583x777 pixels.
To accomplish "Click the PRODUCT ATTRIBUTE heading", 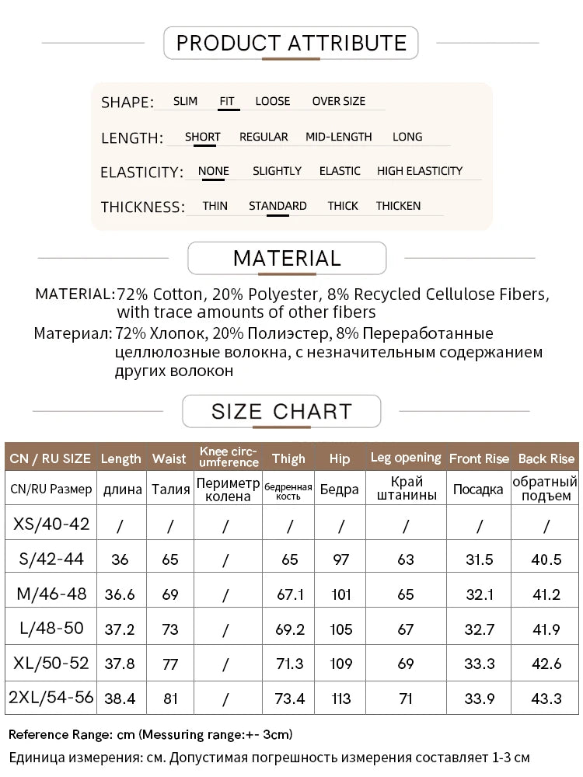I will [291, 42].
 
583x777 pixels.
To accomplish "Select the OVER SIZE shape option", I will [338, 101].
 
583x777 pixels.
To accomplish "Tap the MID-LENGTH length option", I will [338, 137].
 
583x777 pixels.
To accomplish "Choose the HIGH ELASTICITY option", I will [420, 171].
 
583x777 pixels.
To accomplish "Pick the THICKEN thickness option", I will [398, 206].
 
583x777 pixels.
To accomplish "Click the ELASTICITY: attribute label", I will [141, 172].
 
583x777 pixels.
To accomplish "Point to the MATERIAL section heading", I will [287, 258].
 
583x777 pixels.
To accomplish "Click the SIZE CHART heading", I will [281, 411].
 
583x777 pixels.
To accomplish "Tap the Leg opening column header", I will [405, 458].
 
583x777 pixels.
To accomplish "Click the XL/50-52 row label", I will [51, 664].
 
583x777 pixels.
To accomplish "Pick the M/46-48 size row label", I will [51, 594].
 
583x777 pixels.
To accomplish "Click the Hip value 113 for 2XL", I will [340, 699].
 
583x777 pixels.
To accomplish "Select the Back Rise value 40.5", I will [546, 559].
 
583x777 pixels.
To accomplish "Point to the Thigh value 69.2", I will [289, 629].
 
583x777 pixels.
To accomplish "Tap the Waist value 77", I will [169, 664].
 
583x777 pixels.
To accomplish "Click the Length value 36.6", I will [121, 594].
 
